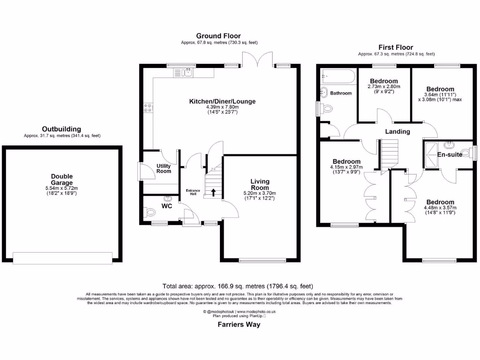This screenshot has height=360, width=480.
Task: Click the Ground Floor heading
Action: pyautogui.click(x=218, y=36)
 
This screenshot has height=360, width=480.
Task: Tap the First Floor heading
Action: pyautogui.click(x=396, y=47)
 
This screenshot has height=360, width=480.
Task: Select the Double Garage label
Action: pyautogui.click(x=62, y=180)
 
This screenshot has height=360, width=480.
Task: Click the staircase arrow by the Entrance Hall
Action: pyautogui.click(x=214, y=191)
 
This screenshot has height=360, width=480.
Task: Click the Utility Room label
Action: pyautogui.click(x=164, y=168)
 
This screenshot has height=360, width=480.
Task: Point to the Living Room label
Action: pyautogui.click(x=259, y=184)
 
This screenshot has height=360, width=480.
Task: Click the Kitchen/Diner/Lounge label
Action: pyautogui.click(x=222, y=101)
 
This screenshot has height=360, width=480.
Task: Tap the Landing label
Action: pyautogui.click(x=397, y=132)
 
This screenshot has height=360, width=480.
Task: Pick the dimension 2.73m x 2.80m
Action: pyautogui.click(x=384, y=87)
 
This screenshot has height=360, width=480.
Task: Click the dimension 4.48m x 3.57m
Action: pyautogui.click(x=440, y=208)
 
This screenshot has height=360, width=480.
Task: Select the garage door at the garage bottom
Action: pyautogui.click(x=62, y=257)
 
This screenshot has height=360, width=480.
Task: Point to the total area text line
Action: pyautogui.click(x=238, y=286)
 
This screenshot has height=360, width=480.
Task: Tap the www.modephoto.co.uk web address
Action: pyautogui.click(x=256, y=312)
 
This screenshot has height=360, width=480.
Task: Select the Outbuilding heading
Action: pyautogui.click(x=61, y=129)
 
